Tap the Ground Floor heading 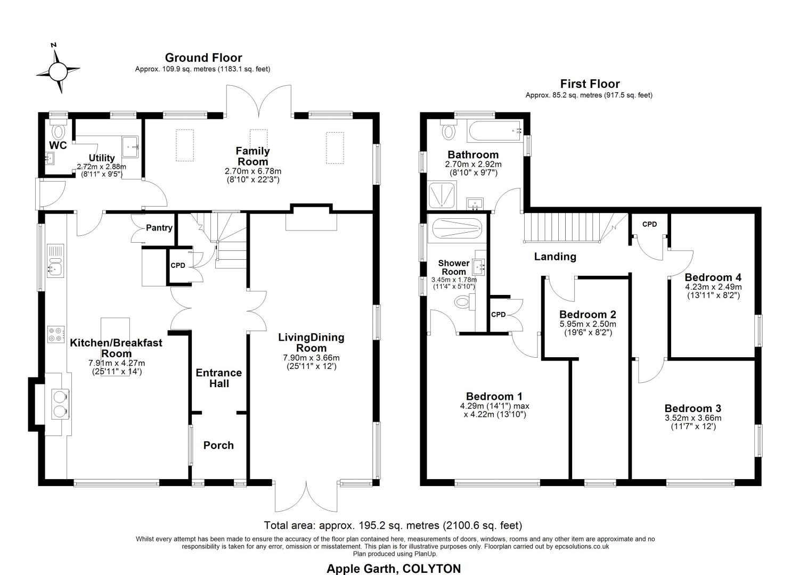coord(203,57)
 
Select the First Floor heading coord(590,84)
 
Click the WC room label coord(58,145)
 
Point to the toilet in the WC coord(58,129)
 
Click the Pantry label coord(159,228)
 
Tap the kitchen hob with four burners coord(56,334)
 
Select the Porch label coord(218,446)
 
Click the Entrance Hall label coord(219,378)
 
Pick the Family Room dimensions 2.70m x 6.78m coord(253,171)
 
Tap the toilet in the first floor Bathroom coord(448,129)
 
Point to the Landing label coord(554,257)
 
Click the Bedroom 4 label coord(713,277)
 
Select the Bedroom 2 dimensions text coord(588,328)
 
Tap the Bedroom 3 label coord(692,408)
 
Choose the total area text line coord(393,525)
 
